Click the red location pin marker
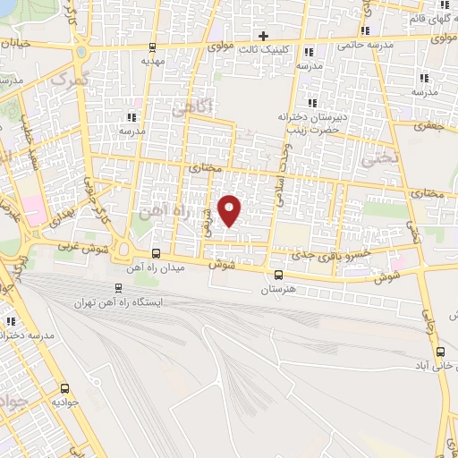pyautogui.click(x=230, y=209)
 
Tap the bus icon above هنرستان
pyautogui.click(x=279, y=275)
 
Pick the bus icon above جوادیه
pyautogui.click(x=64, y=388)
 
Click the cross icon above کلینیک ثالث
pyautogui.click(x=263, y=37)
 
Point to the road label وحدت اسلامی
pyautogui.click(x=288, y=170)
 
